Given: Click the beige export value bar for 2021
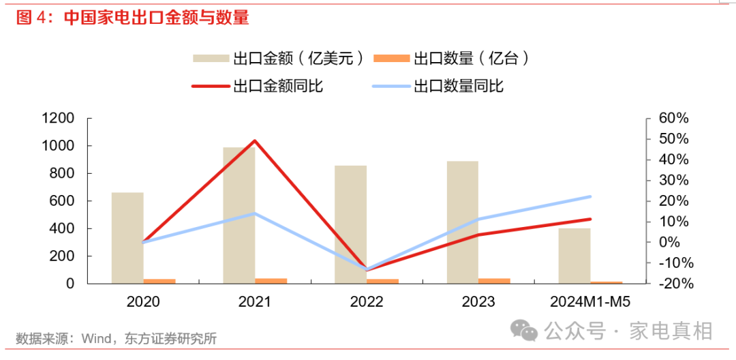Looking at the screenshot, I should click(x=239, y=215).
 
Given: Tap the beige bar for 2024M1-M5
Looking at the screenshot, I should click(x=574, y=256).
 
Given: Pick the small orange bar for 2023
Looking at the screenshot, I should click(x=494, y=280).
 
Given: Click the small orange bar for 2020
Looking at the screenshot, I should click(x=159, y=281).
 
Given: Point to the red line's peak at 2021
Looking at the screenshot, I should click(x=255, y=141).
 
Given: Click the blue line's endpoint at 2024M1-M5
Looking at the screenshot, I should click(x=590, y=196).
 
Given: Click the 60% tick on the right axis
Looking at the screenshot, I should click(x=674, y=119).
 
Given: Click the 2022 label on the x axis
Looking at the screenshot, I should click(x=367, y=302).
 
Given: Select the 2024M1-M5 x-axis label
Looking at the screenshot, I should click(x=590, y=302).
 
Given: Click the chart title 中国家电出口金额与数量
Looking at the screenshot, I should click(x=157, y=18).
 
